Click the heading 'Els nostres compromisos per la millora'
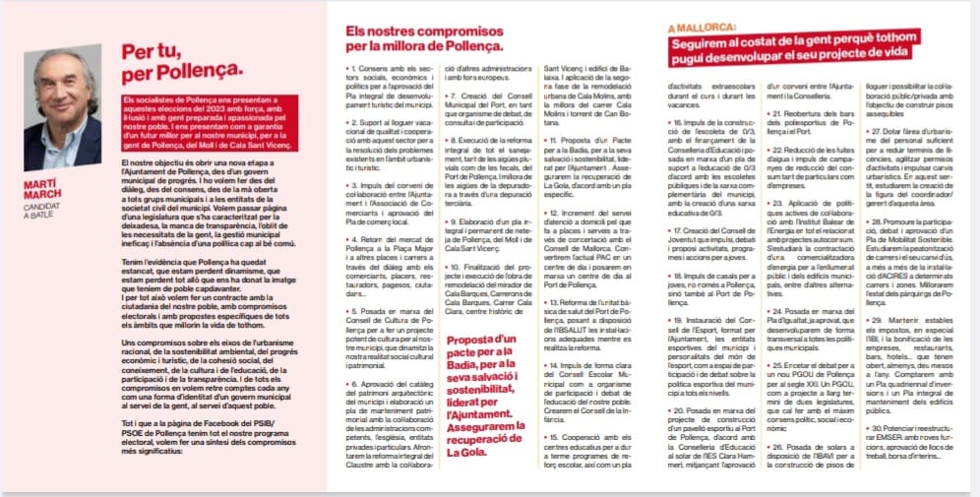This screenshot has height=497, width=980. point(424,38)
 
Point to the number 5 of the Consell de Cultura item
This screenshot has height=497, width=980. point(352,311)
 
